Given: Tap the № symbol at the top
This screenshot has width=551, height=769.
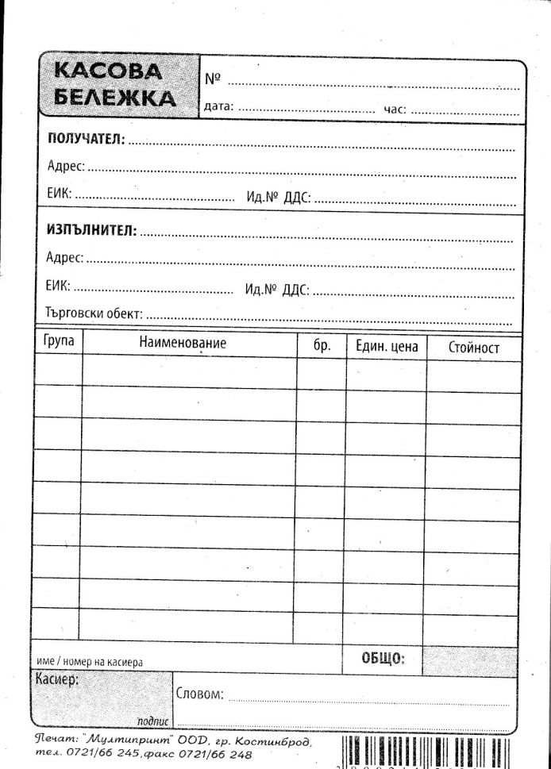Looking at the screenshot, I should pyautogui.click(x=212, y=79).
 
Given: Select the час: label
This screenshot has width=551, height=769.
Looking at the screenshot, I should pyautogui.click(x=395, y=109).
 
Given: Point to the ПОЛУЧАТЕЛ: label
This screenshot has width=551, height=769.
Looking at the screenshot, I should pyautogui.click(x=86, y=139).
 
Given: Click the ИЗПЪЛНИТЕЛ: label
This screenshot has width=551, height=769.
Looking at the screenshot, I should pyautogui.click(x=91, y=231).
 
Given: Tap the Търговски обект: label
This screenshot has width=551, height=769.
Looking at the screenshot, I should pyautogui.click(x=94, y=313).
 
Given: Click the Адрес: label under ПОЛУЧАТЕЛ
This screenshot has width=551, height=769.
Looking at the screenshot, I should pyautogui.click(x=65, y=167).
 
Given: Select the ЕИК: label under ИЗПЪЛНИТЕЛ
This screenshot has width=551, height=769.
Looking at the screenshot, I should pyautogui.click(x=58, y=286).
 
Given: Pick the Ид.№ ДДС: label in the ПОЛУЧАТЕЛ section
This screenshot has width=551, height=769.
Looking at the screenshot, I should pyautogui.click(x=278, y=197).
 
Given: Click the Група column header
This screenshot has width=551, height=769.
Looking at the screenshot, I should pyautogui.click(x=58, y=341).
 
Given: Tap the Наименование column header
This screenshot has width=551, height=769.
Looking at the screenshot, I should pyautogui.click(x=183, y=343).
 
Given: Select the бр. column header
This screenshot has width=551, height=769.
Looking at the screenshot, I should pyautogui.click(x=322, y=346).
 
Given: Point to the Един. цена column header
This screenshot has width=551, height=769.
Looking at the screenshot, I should pyautogui.click(x=386, y=347).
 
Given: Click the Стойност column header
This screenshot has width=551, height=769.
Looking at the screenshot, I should pyautogui.click(x=474, y=348).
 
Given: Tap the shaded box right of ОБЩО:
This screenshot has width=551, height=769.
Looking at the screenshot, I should pyautogui.click(x=469, y=660).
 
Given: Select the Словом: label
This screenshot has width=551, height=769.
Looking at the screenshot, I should pyautogui.click(x=198, y=694).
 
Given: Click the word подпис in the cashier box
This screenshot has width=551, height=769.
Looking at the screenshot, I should pyautogui.click(x=152, y=721).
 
